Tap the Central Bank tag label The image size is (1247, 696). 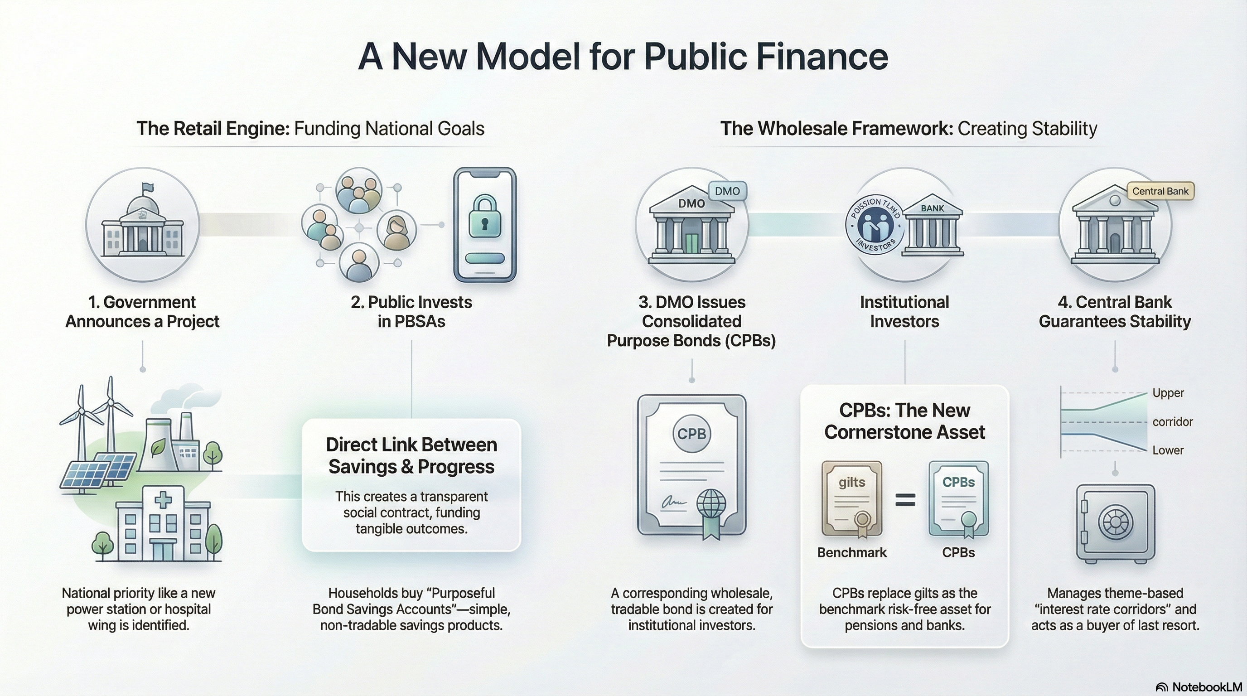1160,191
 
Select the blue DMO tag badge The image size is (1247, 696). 727,191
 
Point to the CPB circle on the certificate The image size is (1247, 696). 691,434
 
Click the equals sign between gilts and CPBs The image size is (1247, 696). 905,499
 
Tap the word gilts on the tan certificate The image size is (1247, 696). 851,482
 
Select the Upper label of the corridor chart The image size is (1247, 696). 1168,393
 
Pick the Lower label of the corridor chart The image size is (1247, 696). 1168,450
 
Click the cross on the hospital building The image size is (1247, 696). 163,499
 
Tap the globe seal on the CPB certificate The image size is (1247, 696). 711,503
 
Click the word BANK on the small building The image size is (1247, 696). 933,208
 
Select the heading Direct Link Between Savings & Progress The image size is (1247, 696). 411,455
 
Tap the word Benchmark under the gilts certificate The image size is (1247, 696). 851,552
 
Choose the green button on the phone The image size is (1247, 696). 484,258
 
